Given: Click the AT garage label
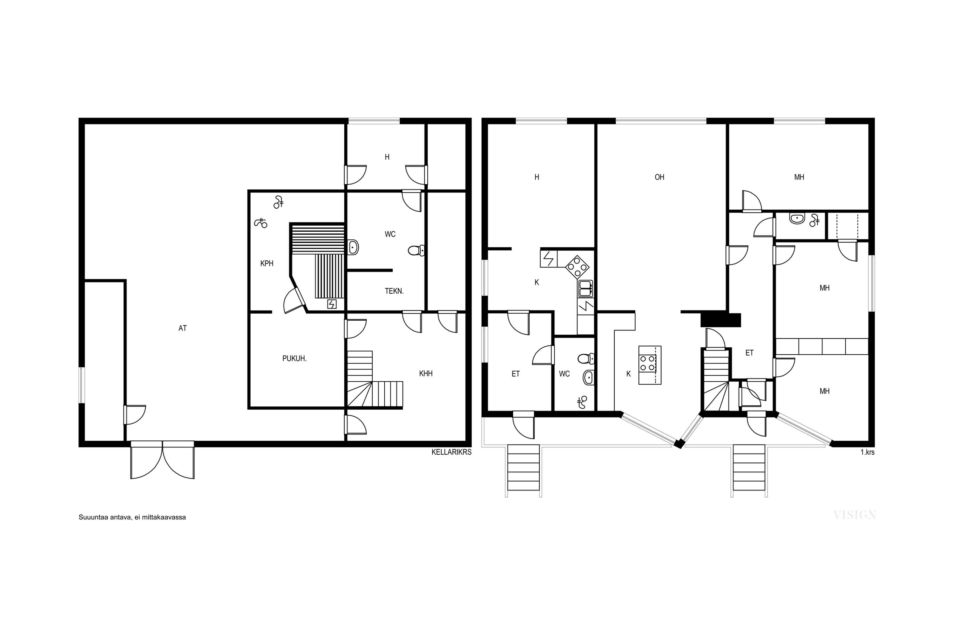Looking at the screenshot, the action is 182,328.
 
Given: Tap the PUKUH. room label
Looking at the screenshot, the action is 294,358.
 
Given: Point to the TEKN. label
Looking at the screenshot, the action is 394,291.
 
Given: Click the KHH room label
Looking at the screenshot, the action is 426,374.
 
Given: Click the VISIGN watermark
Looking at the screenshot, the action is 855,515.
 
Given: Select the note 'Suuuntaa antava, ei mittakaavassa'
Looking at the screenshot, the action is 132,517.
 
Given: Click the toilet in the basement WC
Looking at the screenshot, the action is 416,250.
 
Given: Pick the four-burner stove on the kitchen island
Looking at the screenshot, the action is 647,363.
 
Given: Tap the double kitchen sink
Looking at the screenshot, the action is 585,288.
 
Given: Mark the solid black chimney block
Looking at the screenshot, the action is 721,320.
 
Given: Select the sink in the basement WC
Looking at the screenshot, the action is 353,247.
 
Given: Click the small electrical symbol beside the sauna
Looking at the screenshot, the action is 332,304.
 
